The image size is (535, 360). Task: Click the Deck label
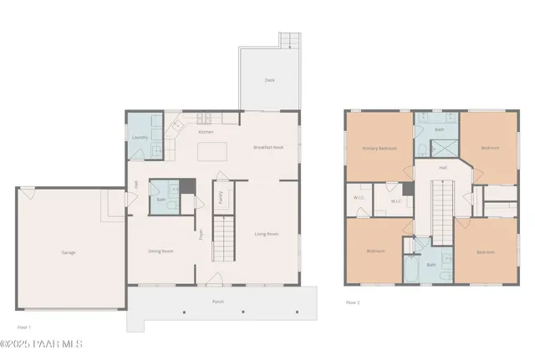[270, 80]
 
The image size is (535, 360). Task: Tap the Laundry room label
[140, 138]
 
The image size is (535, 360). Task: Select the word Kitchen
[206, 132]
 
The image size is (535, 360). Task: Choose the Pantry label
[220, 197]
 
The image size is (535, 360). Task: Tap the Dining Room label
[160, 251]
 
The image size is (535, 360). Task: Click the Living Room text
[267, 234]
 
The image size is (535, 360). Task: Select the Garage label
[69, 251]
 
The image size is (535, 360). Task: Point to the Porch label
[218, 301]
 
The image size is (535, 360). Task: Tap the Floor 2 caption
[353, 303]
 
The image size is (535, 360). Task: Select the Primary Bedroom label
[379, 148]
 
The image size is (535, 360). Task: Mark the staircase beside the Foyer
[222, 237]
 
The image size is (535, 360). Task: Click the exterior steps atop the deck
[288, 40]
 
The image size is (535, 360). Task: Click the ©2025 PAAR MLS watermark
[42, 344]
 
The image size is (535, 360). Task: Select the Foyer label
[201, 234]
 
